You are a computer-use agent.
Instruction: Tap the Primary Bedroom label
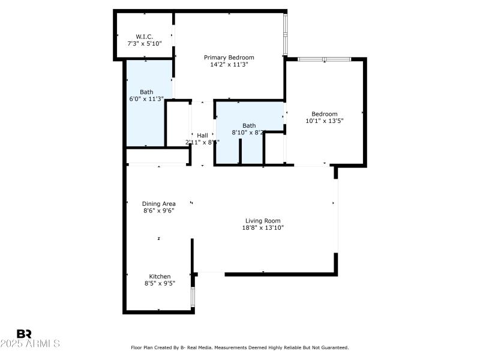pos(225,58)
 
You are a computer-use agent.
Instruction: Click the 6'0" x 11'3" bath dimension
pos(146,99)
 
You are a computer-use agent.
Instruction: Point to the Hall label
pos(202,135)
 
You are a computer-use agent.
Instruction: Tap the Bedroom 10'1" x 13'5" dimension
pos(324,121)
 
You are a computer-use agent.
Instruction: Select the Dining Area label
pos(158,203)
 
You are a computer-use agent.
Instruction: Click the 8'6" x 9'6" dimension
pos(158,211)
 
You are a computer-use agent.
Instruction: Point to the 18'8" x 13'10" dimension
pos(263,228)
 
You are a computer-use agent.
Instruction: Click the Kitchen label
pos(160,277)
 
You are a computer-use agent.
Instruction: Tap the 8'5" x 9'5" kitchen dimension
pos(160,284)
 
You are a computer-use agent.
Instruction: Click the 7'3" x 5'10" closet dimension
pos(145,44)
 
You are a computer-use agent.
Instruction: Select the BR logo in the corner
pos(24,334)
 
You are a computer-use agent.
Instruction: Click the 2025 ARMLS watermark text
pos(30,344)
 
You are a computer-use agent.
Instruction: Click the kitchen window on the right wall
pos(193,296)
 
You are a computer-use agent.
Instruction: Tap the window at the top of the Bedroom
pos(323,59)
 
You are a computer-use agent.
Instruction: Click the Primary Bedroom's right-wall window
pos(286,33)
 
